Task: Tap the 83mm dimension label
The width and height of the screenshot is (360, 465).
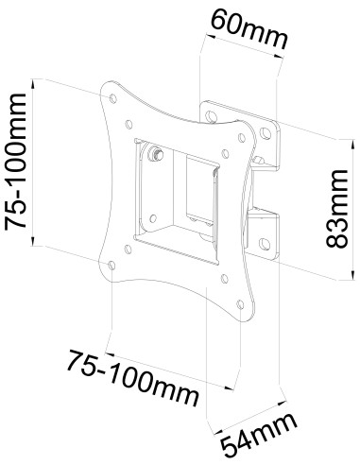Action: [x=336, y=209]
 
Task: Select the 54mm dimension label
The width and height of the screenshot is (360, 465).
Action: [x=259, y=435]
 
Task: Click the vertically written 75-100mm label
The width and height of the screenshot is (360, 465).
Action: [x=15, y=162]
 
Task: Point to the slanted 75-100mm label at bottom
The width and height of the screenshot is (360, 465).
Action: [x=133, y=378]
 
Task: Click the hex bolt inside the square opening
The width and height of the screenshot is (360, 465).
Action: [x=156, y=154]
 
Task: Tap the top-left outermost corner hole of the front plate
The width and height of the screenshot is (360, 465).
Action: [x=113, y=98]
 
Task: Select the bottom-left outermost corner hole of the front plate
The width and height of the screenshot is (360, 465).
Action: [x=111, y=266]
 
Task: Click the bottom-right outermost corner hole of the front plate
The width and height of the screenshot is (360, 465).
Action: [x=240, y=304]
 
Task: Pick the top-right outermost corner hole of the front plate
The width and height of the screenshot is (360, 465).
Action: [x=242, y=138]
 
